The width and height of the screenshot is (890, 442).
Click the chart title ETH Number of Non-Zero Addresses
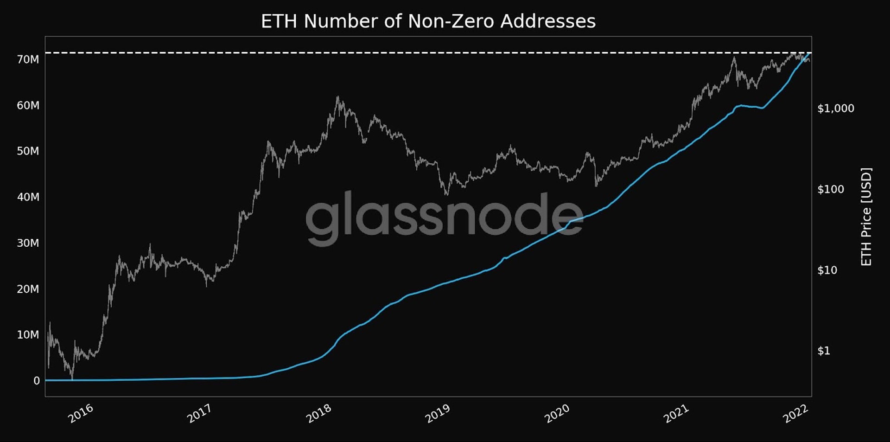428,21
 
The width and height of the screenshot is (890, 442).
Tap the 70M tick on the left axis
28,59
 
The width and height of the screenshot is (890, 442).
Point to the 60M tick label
28,105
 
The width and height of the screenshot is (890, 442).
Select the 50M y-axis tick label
28,151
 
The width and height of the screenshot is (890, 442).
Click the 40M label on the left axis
28,197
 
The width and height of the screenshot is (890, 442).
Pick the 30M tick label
28,243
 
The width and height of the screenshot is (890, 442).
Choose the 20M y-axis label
28,289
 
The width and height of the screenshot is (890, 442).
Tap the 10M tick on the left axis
28,335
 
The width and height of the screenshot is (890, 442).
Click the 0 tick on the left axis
37,381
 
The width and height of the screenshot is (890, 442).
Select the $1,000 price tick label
835,109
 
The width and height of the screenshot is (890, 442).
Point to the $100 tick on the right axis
831,189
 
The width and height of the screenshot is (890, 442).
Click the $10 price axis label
827,270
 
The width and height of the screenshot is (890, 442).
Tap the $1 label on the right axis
824,351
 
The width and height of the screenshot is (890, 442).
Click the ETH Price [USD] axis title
866,217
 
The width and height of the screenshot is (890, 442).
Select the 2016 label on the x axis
81,413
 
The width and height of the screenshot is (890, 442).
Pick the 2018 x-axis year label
319,413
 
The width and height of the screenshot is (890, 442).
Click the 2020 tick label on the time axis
557,413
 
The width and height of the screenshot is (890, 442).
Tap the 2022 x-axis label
795,413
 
